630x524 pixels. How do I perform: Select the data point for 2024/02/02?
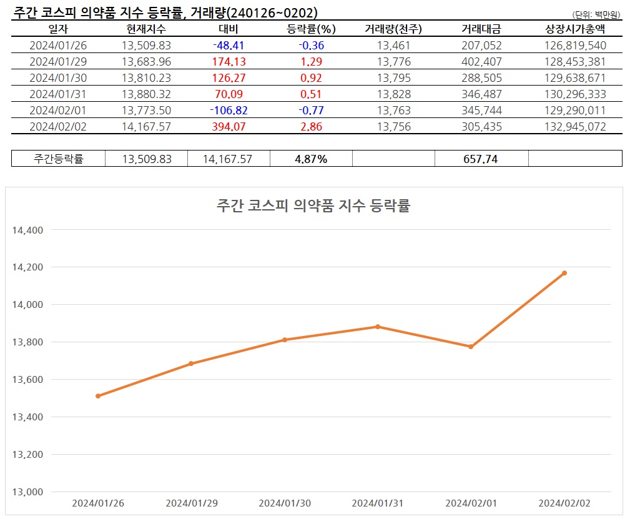(x=564, y=273)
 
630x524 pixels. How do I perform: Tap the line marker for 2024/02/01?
(x=471, y=347)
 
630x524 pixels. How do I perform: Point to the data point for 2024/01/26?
(x=98, y=396)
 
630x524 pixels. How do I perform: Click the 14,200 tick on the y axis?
(x=27, y=267)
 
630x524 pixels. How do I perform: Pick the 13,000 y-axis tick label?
(x=27, y=492)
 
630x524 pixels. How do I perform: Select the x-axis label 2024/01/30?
(x=284, y=503)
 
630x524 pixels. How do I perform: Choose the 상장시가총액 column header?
(x=574, y=29)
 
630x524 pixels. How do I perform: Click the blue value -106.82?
(x=227, y=111)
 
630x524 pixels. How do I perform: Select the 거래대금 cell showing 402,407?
(x=481, y=62)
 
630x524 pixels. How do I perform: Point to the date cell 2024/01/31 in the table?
(x=58, y=94)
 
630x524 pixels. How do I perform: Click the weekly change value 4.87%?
(x=311, y=159)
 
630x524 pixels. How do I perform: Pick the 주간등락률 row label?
(x=58, y=159)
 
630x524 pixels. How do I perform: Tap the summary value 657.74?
(x=481, y=159)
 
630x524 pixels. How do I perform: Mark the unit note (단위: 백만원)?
(x=597, y=14)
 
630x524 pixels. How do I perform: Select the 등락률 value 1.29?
(x=311, y=62)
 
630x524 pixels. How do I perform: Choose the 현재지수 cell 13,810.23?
(x=146, y=78)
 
